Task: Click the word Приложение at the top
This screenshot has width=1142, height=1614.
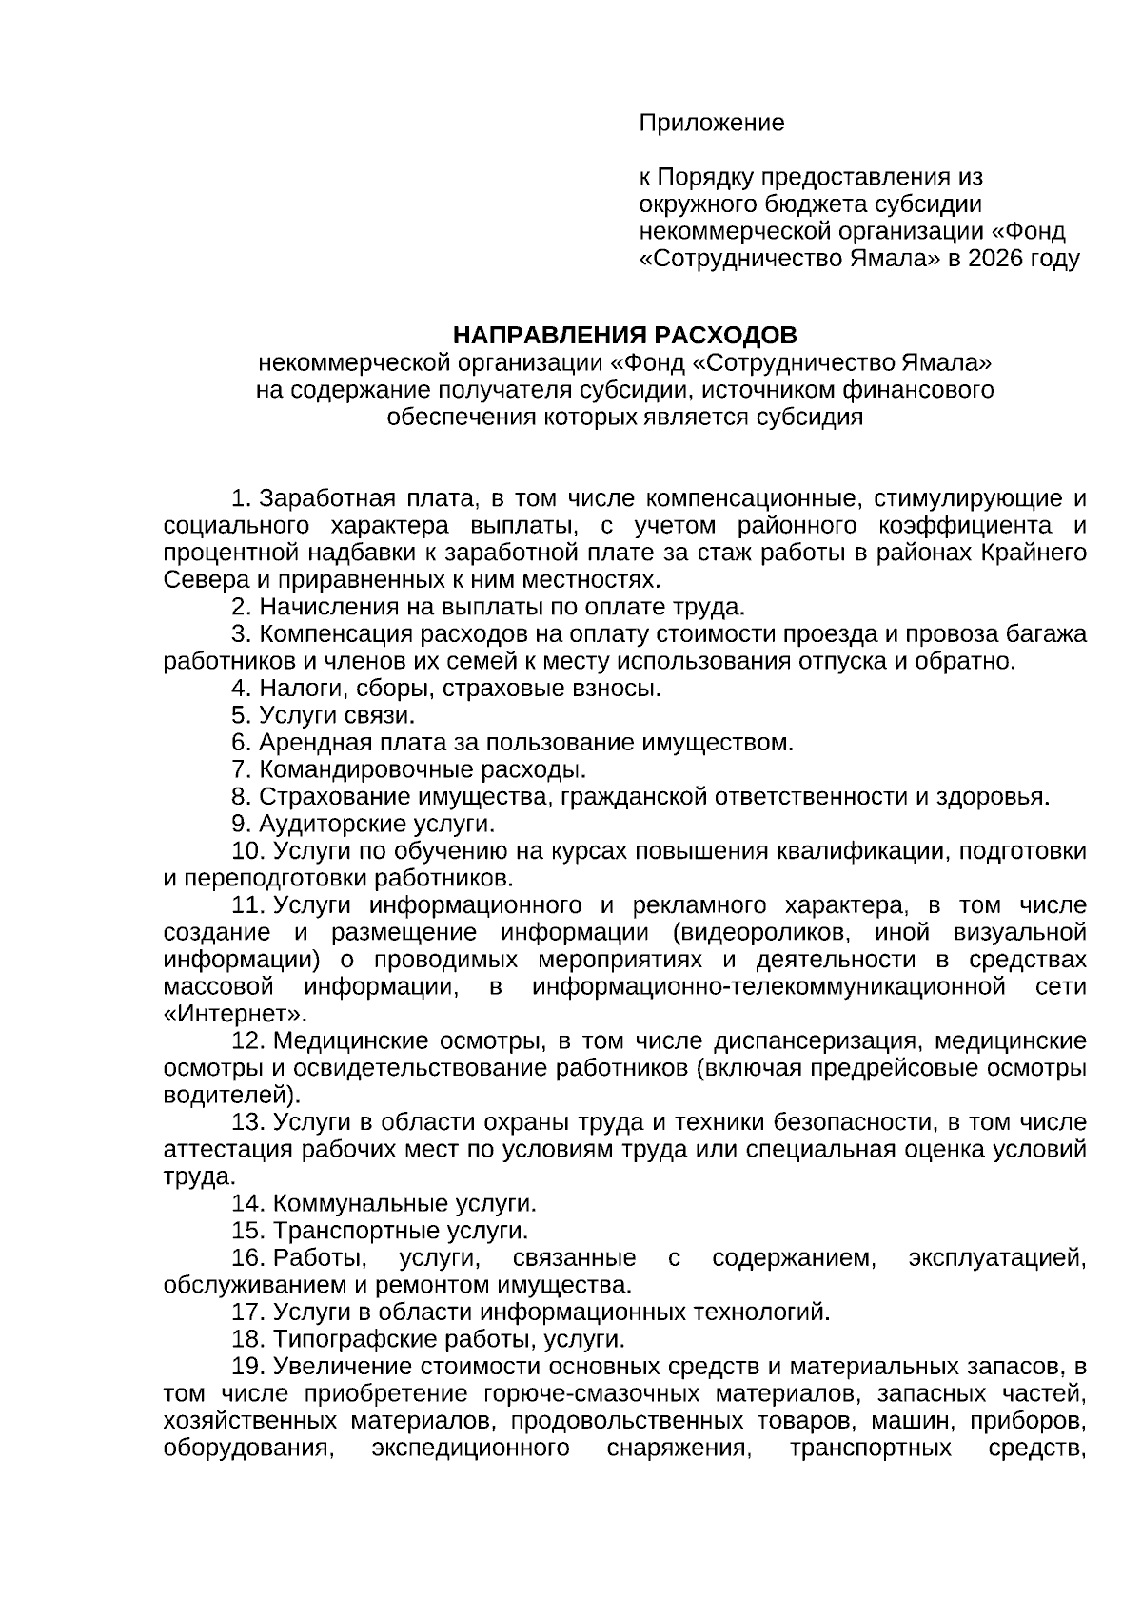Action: tap(711, 123)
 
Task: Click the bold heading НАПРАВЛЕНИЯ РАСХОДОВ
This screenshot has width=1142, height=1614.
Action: tap(624, 335)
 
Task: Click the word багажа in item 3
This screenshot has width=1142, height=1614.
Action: tap(1043, 634)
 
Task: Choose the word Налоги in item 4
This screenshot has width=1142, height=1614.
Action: tap(294, 688)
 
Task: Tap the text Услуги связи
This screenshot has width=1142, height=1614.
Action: tap(336, 715)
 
